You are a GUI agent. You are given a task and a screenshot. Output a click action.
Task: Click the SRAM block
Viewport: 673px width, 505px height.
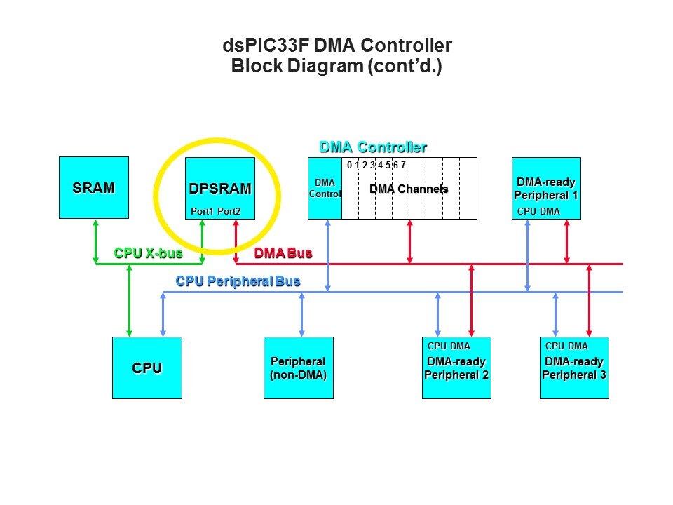94,188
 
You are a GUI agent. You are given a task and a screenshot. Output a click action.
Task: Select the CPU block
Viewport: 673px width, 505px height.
147,368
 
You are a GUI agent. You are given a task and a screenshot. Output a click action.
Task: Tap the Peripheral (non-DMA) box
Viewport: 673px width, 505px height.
298,368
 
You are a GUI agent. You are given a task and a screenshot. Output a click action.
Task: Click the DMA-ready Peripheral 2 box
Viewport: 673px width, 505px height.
456,368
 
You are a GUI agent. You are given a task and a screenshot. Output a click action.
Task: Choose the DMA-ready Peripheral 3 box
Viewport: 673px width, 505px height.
574,368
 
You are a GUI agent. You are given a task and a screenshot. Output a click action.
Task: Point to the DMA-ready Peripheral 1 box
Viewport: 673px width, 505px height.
546,188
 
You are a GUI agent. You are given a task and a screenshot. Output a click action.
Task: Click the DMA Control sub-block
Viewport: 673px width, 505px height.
325,188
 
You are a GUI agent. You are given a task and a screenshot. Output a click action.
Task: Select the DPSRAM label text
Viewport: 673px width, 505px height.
219,189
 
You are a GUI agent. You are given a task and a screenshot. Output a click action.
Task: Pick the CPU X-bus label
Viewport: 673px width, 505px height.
143,252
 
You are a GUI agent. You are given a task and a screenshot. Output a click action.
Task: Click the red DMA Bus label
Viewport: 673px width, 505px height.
283,252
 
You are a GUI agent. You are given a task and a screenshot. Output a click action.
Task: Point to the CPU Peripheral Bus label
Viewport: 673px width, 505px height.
238,281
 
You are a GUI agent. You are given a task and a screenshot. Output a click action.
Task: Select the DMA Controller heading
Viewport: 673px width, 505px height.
373,147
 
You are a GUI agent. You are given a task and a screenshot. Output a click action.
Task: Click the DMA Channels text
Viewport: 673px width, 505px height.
409,189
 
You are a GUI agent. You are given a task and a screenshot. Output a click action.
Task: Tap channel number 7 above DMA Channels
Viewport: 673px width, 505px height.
403,166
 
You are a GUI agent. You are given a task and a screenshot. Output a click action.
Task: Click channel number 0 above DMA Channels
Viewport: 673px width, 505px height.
349,166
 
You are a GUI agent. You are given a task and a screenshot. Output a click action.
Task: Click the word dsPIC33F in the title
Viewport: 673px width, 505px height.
264,46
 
